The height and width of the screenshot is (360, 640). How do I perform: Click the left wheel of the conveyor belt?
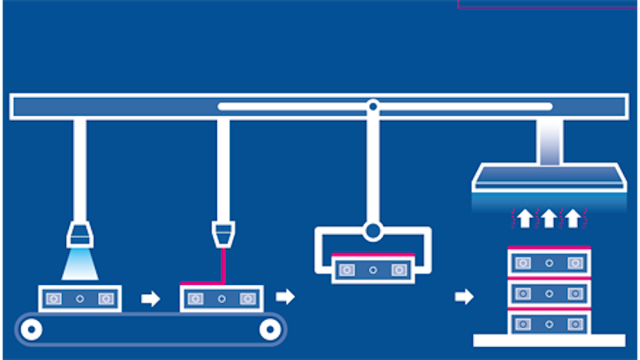[31, 329]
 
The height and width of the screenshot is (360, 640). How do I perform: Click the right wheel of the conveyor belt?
[270, 329]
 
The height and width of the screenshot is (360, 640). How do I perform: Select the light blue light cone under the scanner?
[80, 263]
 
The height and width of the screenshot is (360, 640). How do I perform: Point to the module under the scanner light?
[80, 297]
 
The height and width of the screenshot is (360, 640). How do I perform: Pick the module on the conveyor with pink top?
[222, 297]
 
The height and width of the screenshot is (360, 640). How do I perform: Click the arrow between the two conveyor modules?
[151, 298]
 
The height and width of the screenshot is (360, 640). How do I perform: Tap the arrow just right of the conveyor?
[284, 296]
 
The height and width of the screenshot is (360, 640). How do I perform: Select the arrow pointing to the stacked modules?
[464, 296]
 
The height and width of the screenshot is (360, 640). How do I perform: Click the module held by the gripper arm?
[373, 269]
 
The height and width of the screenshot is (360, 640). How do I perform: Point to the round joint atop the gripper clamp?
[373, 231]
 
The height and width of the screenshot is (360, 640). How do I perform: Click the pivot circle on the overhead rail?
[373, 106]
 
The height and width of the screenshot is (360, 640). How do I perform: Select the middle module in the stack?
[549, 292]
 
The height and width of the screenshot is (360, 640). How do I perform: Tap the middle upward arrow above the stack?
[549, 219]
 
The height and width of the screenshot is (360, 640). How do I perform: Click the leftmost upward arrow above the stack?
[525, 219]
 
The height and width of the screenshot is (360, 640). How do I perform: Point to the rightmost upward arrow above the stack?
[573, 219]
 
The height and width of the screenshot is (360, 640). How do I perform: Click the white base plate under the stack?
[549, 340]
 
